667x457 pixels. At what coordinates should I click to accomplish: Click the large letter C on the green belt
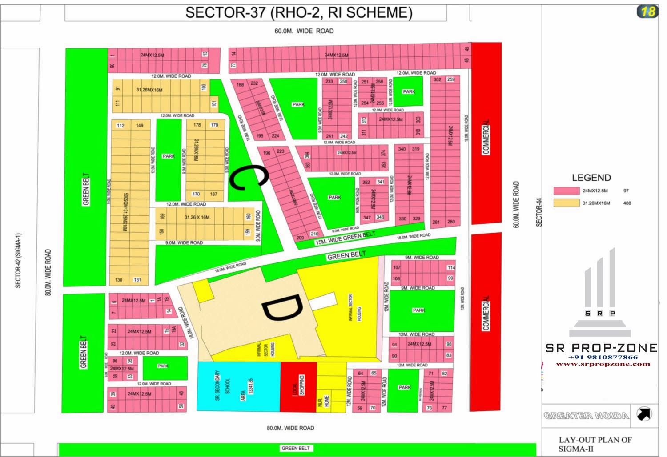pyautogui.click(x=248, y=177)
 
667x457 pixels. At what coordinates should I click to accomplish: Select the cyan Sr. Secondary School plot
pyautogui.click(x=238, y=386)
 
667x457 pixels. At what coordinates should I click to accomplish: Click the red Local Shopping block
pyautogui.click(x=298, y=386)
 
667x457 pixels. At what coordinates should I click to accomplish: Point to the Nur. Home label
pyautogui.click(x=326, y=401)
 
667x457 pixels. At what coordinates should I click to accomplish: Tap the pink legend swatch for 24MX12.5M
pyautogui.click(x=566, y=191)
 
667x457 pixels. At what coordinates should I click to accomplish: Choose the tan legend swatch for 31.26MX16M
pyautogui.click(x=566, y=203)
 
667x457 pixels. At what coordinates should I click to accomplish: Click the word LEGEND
pyautogui.click(x=591, y=178)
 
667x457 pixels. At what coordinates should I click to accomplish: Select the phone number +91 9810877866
pyautogui.click(x=603, y=357)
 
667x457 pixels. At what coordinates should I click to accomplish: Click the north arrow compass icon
pyautogui.click(x=644, y=414)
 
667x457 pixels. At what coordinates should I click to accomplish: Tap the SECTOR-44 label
pyautogui.click(x=539, y=212)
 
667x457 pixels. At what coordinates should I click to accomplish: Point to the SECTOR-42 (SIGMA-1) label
pyautogui.click(x=18, y=261)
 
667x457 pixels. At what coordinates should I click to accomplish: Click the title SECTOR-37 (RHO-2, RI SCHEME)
pyautogui.click(x=298, y=12)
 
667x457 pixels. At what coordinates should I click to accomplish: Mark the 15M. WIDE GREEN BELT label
pyautogui.click(x=345, y=238)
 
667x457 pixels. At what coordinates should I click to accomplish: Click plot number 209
pyautogui.click(x=300, y=238)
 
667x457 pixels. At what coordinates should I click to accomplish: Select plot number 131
pyautogui.click(x=137, y=280)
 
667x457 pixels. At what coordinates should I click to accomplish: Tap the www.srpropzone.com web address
pyautogui.click(x=603, y=364)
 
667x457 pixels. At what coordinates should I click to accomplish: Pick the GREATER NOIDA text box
pyautogui.click(x=586, y=416)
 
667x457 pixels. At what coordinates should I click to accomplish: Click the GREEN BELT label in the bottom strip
pyautogui.click(x=296, y=448)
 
